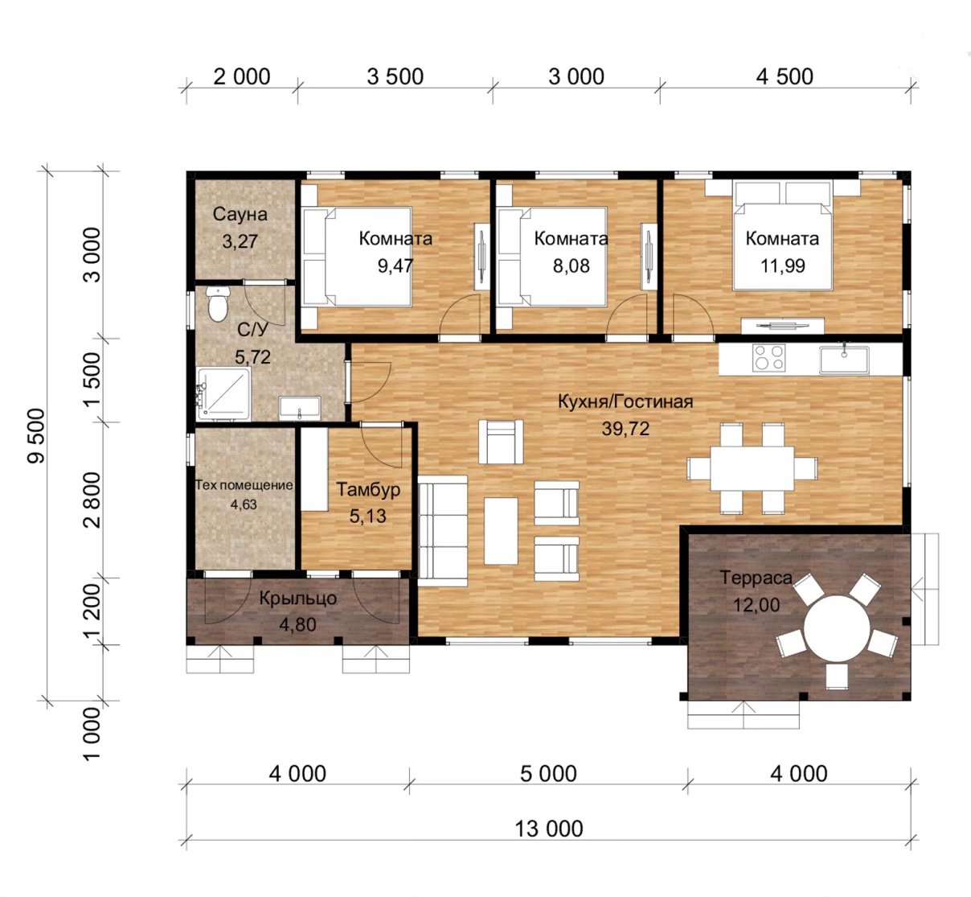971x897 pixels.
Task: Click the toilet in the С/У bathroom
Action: coord(218,303)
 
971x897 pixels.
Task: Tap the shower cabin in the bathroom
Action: coord(224,394)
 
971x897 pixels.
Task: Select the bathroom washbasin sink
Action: coord(299,408)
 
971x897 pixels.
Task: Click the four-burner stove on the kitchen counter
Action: coord(768,358)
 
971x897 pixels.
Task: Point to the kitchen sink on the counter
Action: coord(844,359)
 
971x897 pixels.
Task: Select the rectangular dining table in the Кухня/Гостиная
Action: coord(752,468)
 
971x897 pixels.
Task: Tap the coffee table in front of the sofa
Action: coord(501,531)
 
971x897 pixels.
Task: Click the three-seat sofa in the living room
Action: coord(442,530)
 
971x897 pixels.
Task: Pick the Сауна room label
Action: coord(240,214)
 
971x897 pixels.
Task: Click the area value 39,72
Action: coord(625,429)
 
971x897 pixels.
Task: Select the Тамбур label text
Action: coord(367,489)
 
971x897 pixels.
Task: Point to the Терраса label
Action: coord(756,578)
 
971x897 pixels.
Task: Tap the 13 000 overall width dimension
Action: coord(548,829)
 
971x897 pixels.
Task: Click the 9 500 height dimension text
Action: coord(37,436)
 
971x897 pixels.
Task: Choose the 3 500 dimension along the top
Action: coord(395,77)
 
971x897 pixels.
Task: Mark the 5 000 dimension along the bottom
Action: coord(548,774)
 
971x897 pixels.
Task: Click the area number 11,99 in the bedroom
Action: coord(782,265)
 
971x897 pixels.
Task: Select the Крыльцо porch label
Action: coord(297,598)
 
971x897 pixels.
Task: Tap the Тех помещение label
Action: coord(244,485)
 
